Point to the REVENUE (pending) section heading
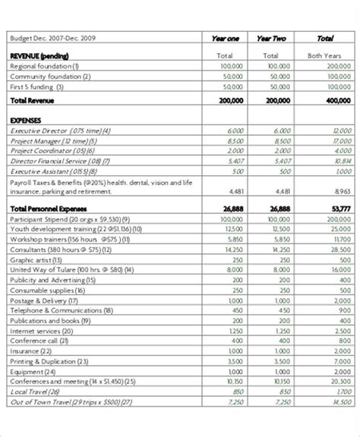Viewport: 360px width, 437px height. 39,55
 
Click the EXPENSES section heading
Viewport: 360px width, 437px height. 28,120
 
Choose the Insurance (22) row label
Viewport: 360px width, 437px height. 33,351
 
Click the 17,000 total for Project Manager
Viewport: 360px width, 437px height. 341,140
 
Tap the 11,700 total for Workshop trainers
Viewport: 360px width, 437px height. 341,238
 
